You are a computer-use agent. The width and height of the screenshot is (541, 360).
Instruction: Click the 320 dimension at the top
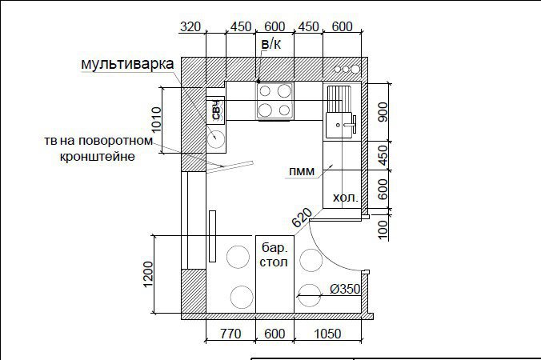click(x=190, y=27)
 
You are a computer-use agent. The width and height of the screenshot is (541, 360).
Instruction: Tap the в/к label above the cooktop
click(x=271, y=44)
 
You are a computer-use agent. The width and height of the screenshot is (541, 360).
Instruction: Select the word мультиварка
click(x=127, y=64)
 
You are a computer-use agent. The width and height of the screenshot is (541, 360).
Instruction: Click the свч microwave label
click(x=216, y=110)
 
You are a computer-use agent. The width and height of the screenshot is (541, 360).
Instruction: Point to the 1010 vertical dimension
click(x=156, y=120)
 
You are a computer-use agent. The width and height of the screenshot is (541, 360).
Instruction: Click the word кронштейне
click(x=98, y=157)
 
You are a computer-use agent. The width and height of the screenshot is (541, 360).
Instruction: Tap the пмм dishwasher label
click(x=302, y=171)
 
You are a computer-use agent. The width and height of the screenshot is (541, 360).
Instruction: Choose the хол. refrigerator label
click(x=346, y=198)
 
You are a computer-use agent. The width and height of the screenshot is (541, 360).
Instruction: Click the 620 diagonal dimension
click(x=302, y=218)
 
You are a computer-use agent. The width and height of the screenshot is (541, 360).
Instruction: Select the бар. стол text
click(x=274, y=255)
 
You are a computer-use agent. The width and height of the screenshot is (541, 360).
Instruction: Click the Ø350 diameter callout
click(x=345, y=289)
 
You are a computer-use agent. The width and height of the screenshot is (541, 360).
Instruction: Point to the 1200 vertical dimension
click(x=147, y=274)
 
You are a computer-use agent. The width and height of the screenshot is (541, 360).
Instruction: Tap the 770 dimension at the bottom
click(x=230, y=334)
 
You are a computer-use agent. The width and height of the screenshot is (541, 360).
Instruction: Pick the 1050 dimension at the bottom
click(x=328, y=334)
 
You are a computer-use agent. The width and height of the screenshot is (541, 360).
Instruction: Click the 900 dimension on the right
click(x=383, y=112)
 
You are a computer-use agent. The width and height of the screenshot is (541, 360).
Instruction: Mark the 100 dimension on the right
click(x=383, y=230)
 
